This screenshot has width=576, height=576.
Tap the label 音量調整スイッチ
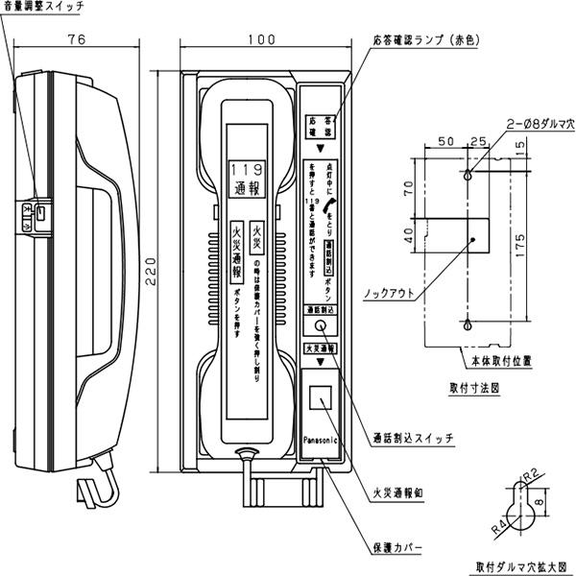43,8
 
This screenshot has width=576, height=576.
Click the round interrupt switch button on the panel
320,327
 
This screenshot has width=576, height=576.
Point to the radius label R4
497,525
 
